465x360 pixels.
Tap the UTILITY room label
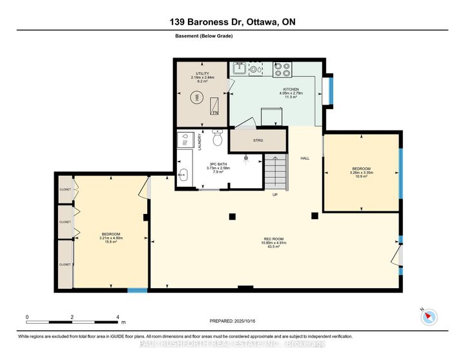tap(202, 74)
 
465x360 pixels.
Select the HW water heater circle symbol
tap(195, 98)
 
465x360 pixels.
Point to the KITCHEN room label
tap(291, 89)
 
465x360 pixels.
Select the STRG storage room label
tap(258, 140)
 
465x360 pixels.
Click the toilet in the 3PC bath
tap(218, 139)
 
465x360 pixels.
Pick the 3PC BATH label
tap(217, 166)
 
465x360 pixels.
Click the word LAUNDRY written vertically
tap(201, 143)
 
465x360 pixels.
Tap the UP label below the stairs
tap(274, 194)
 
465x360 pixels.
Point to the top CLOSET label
tap(65, 190)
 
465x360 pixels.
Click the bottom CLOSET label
tap(65, 264)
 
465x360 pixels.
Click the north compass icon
tap(428, 317)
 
